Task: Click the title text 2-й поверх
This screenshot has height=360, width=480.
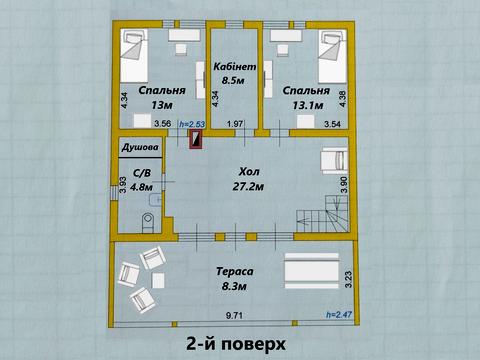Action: tap(236, 344)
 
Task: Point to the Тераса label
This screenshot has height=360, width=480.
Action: tap(235, 271)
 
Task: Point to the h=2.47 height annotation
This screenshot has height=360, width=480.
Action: tap(340, 316)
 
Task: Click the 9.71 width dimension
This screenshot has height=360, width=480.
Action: tap(234, 316)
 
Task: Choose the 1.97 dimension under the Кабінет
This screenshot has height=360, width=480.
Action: tap(236, 124)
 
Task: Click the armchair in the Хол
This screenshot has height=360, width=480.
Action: tap(331, 160)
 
